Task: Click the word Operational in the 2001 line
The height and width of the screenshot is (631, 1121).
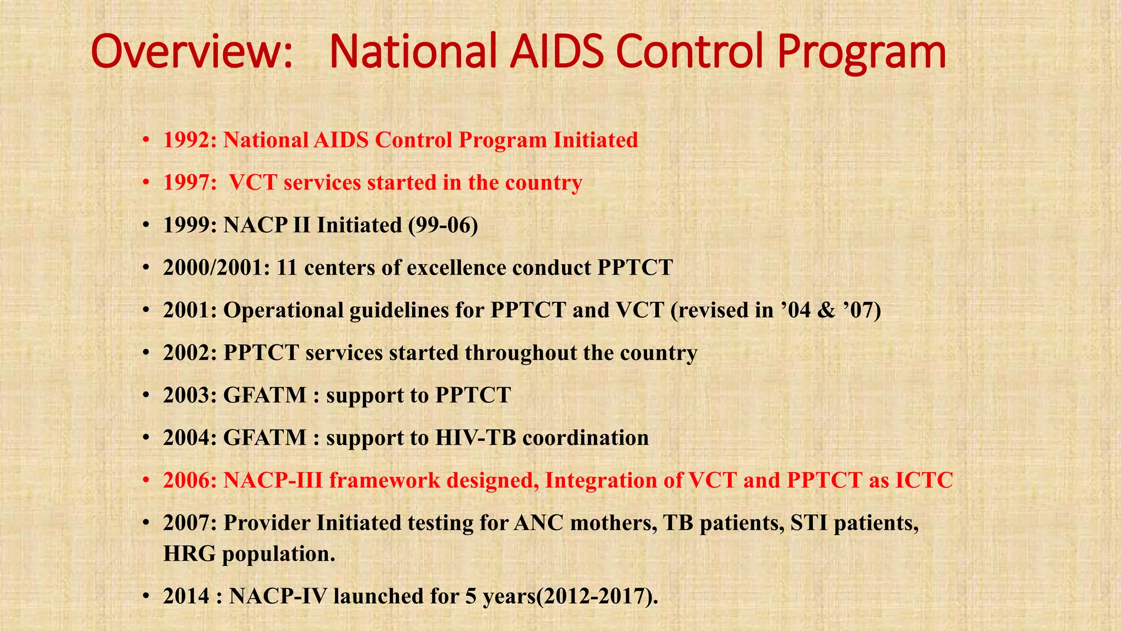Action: [283, 311]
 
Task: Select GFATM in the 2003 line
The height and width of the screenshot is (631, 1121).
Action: [265, 395]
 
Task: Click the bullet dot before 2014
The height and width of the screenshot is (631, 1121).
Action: [146, 597]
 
